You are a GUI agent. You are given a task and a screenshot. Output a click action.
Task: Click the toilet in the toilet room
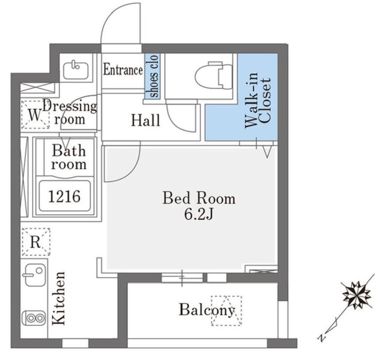click(x=214, y=75)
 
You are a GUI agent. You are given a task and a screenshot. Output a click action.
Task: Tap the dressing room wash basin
click(x=76, y=70)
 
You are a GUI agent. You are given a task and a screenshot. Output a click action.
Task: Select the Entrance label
click(x=123, y=70)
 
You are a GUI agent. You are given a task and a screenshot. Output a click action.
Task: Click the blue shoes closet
click(x=153, y=76)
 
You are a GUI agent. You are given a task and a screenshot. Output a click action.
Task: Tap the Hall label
click(x=146, y=120)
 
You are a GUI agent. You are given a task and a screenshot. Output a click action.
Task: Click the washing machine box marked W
click(x=35, y=114)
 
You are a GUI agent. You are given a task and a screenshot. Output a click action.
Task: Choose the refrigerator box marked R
click(x=36, y=241)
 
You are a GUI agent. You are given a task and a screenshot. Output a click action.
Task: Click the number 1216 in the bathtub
click(x=64, y=196)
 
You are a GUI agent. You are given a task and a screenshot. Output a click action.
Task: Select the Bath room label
click(x=69, y=157)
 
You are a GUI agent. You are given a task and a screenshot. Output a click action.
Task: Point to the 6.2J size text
click(x=199, y=214)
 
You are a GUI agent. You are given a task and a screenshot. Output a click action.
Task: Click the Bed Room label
click(x=199, y=198)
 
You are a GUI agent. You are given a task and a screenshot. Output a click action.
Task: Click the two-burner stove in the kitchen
click(x=34, y=318)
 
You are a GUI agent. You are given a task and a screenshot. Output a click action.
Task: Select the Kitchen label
click(x=59, y=298)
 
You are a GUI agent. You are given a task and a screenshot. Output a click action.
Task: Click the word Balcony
click(x=207, y=310)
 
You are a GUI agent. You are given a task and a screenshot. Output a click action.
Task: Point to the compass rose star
click(x=357, y=295)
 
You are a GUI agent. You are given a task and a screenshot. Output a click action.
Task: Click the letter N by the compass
click(x=322, y=337)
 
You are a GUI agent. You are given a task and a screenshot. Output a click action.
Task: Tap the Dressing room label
click(x=70, y=113)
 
